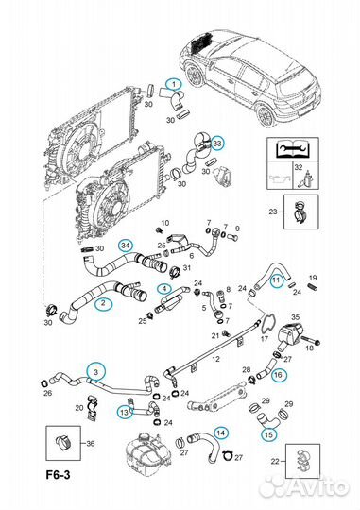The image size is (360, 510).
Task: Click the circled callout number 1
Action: [x=174, y=84]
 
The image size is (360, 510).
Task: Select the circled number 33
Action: [x=216, y=144]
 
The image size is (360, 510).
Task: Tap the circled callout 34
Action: [x=126, y=246]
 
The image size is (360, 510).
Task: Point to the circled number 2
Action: [x=103, y=304]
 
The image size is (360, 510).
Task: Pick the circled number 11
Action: [x=276, y=280]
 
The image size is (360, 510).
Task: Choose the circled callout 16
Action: [x=278, y=375]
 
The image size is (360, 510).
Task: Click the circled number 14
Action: [x=221, y=433]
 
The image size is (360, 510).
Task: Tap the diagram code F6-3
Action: [x=58, y=475]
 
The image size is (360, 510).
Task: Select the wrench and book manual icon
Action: [x=292, y=149]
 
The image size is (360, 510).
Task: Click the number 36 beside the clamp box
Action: [x=91, y=443]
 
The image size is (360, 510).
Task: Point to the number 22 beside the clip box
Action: [x=275, y=461]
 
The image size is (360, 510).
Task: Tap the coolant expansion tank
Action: [x=147, y=452]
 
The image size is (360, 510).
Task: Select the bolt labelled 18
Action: [x=312, y=341]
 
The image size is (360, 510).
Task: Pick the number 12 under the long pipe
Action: [x=215, y=359]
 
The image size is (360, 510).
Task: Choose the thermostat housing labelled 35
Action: [x=291, y=335]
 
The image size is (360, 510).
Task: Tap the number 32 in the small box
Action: [x=299, y=167]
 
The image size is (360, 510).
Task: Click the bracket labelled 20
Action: [x=93, y=408]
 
